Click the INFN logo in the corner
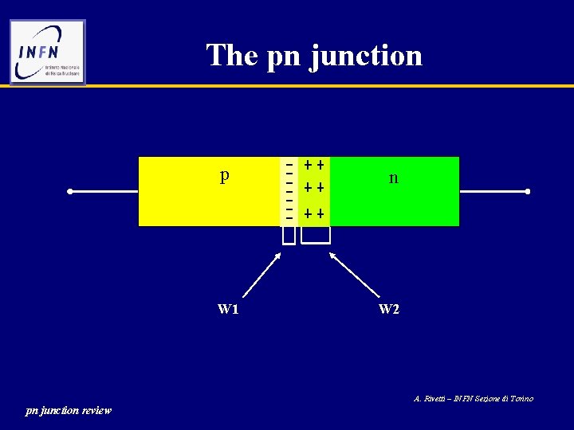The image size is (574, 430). (x=47, y=52)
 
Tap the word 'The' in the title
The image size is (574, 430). (x=232, y=55)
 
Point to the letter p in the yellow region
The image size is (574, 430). (x=225, y=175)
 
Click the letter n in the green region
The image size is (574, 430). (x=393, y=178)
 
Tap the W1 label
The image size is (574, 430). (x=228, y=309)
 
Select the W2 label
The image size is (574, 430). (x=389, y=309)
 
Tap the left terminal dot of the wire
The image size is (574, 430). (x=71, y=192)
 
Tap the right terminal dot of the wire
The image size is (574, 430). (x=528, y=192)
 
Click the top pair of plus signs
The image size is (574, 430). (x=313, y=166)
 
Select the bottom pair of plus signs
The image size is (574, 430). (x=313, y=214)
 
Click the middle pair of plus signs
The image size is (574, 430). (x=313, y=189)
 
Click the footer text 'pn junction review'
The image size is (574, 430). (x=69, y=411)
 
